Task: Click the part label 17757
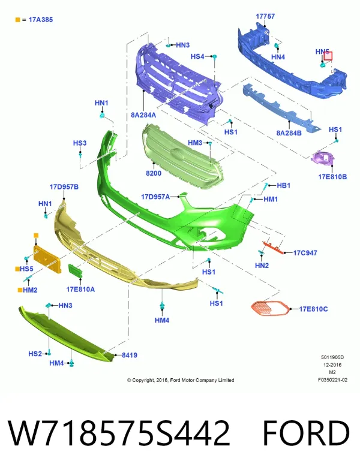click(265, 16)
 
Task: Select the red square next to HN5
click(328, 56)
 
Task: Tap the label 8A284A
click(143, 115)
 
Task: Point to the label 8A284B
click(289, 132)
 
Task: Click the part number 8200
click(154, 173)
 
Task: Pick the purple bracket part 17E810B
click(323, 158)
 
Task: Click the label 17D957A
click(155, 197)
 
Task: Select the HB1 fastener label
click(284, 185)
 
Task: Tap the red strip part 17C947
click(274, 247)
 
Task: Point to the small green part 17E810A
click(75, 270)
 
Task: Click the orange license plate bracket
click(47, 259)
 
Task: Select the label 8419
click(129, 355)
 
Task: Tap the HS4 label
click(197, 56)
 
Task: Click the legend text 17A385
click(41, 20)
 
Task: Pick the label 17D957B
click(64, 187)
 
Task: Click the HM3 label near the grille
click(195, 143)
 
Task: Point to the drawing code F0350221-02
click(332, 380)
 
